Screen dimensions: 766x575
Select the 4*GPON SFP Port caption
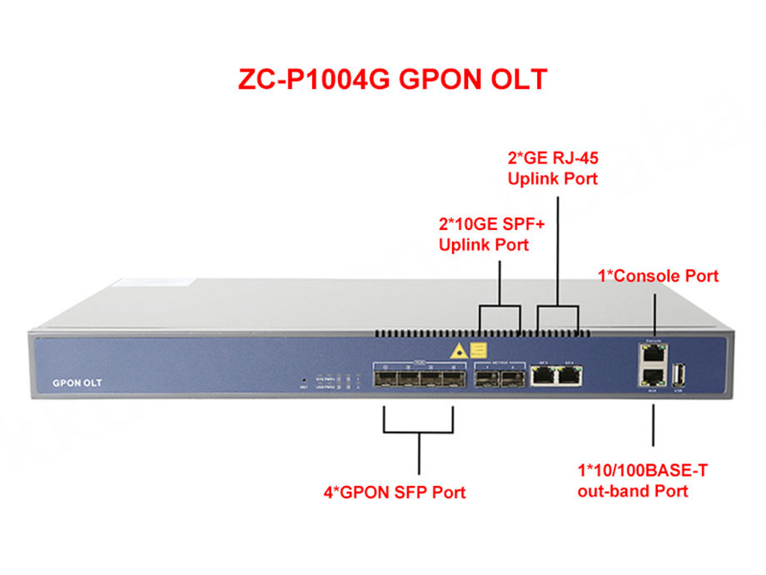pyautogui.click(x=395, y=492)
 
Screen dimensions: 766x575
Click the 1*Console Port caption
pyautogui.click(x=659, y=276)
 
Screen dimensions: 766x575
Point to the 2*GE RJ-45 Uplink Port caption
pyautogui.click(x=553, y=167)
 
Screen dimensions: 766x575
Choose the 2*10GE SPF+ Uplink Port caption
pyautogui.click(x=483, y=234)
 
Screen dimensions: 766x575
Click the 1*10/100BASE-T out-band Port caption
pyautogui.click(x=643, y=481)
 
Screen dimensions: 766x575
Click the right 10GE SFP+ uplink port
pyautogui.click(x=513, y=379)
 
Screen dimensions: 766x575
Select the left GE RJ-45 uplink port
pyautogui.click(x=545, y=377)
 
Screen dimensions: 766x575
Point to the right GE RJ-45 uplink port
pyautogui.click(x=570, y=377)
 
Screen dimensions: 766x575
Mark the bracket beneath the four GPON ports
pyautogui.click(x=418, y=430)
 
